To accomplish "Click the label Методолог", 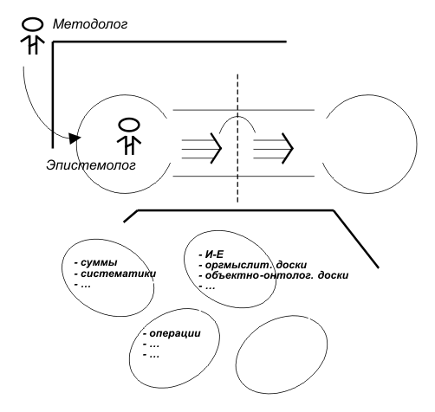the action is (x=90, y=24).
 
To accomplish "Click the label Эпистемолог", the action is (x=91, y=165).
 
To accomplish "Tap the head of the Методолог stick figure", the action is (x=32, y=24).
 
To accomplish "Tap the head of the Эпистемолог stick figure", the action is (x=129, y=126).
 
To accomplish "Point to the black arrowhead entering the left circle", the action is (x=75, y=138).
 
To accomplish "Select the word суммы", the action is (x=99, y=263).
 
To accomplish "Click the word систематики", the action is (x=119, y=274).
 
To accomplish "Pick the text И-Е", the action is (x=214, y=254).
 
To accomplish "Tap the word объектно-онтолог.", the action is (x=259, y=275).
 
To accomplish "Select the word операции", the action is (x=175, y=333).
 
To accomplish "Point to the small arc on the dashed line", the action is (x=237, y=117).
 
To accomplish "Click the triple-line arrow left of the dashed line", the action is (x=201, y=149).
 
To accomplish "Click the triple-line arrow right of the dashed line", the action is (x=273, y=149).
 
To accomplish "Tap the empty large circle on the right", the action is (x=417, y=144).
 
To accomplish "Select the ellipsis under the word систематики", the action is (x=86, y=286).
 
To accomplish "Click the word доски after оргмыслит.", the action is (x=291, y=265).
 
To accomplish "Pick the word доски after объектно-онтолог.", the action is (x=333, y=275).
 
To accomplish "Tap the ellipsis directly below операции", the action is (x=154, y=345).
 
